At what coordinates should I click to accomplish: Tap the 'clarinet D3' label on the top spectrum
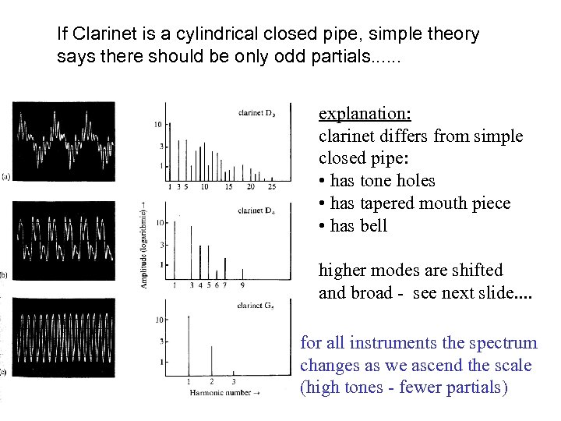click(x=256, y=114)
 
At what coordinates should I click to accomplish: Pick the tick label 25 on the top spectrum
click(x=270, y=187)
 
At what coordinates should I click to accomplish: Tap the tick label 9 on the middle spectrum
click(x=242, y=285)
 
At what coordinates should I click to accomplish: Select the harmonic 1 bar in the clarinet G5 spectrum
click(x=189, y=343)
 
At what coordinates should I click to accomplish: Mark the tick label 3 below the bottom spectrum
click(x=234, y=381)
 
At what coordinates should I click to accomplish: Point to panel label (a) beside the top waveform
click(x=5, y=177)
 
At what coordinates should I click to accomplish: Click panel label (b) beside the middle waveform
click(x=5, y=274)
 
